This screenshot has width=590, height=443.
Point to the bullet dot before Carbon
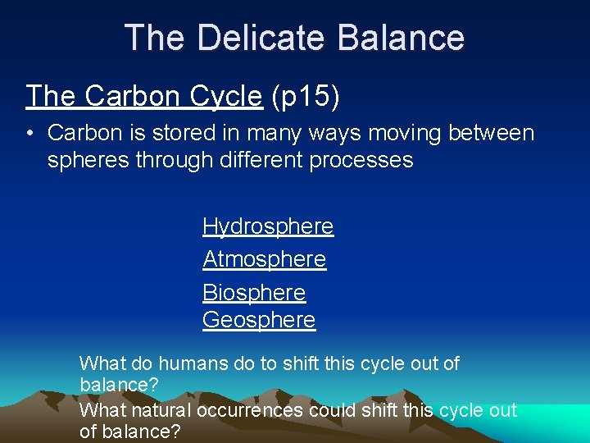click(x=29, y=133)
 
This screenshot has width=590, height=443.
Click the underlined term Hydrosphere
click(x=268, y=226)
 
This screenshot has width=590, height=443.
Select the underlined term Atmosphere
click(x=264, y=259)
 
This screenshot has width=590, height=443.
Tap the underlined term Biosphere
click(x=254, y=293)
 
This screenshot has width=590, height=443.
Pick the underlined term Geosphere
click(x=259, y=320)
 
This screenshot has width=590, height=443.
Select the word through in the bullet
click(x=172, y=160)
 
